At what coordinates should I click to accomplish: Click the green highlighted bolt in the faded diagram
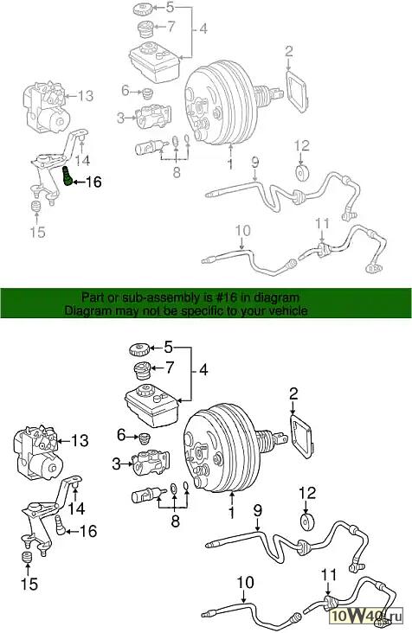pyautogui.click(x=68, y=176)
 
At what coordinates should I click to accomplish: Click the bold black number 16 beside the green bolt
pyautogui.click(x=93, y=182)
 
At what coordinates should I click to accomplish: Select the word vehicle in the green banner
pyautogui.click(x=286, y=310)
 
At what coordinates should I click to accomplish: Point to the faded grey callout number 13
pyautogui.click(x=85, y=96)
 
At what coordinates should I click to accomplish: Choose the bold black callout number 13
pyautogui.click(x=80, y=440)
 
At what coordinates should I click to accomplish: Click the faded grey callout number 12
pyautogui.click(x=302, y=146)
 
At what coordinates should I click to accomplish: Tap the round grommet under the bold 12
pyautogui.click(x=308, y=521)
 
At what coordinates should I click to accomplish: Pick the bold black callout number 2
pyautogui.click(x=293, y=393)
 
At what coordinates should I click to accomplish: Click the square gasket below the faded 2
pyautogui.click(x=297, y=91)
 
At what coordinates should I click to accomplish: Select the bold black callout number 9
pyautogui.click(x=258, y=510)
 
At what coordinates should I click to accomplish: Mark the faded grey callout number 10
pyautogui.click(x=242, y=231)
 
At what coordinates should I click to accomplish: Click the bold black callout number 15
pyautogui.click(x=29, y=584)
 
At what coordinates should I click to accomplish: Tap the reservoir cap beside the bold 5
pyautogui.click(x=139, y=349)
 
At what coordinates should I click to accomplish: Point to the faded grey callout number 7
pyautogui.click(x=171, y=26)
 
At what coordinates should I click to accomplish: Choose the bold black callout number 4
pyautogui.click(x=203, y=370)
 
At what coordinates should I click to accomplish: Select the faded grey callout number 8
pyautogui.click(x=177, y=172)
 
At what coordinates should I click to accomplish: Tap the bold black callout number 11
pyautogui.click(x=329, y=574)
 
